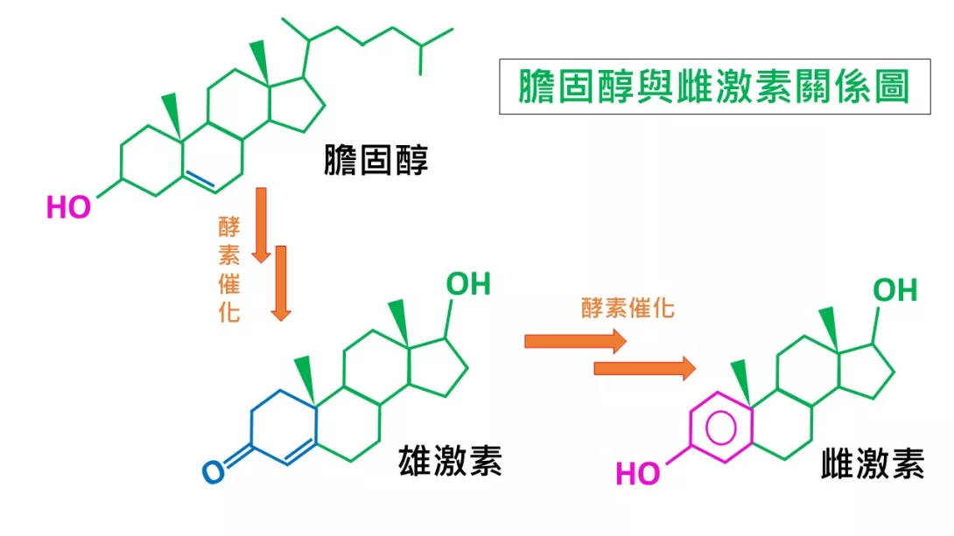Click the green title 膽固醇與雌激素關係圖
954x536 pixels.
click(714, 87)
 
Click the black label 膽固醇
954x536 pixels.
click(376, 160)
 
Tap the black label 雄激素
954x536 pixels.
click(450, 460)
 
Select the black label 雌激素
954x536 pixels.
click(873, 463)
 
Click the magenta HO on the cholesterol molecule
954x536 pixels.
click(69, 207)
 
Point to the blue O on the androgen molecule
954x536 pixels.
click(214, 472)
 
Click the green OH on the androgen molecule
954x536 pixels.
click(468, 284)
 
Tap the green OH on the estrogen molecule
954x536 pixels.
click(895, 290)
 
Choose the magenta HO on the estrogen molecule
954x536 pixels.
click(638, 473)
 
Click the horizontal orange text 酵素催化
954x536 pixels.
click(628, 308)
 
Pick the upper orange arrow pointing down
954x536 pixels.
click(261, 226)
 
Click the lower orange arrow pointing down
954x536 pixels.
click(280, 283)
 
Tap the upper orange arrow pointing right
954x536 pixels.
click(576, 341)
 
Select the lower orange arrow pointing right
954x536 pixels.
click(645, 368)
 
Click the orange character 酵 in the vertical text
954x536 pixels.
click(229, 227)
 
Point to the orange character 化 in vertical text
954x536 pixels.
click(229, 312)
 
